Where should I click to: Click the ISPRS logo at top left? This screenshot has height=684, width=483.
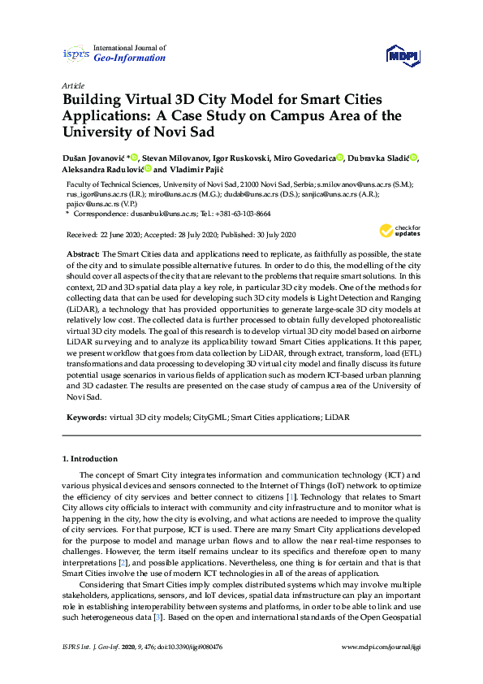pos(75,54)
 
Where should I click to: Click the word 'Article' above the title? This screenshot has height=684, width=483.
pos(73,84)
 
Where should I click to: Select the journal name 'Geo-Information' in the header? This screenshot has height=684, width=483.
pos(130,58)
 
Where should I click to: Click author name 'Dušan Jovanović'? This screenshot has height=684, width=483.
pos(93,157)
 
